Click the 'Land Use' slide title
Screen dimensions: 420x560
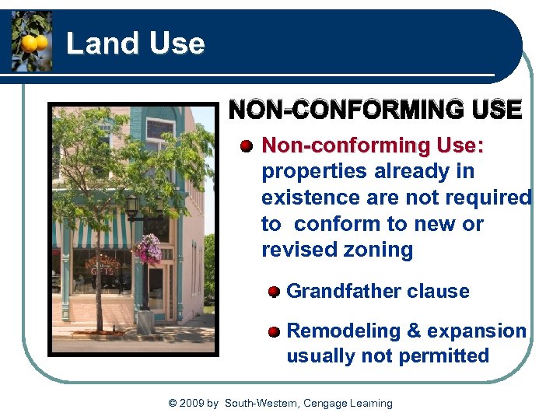coord(135,44)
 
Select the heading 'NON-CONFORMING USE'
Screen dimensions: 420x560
coord(375,110)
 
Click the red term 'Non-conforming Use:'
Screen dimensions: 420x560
coord(373,145)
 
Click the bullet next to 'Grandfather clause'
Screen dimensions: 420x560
coord(274,292)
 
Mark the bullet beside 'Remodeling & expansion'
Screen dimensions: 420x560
coord(274,331)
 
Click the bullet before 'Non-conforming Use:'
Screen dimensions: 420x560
coord(247,146)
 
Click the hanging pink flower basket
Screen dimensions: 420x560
coord(147,250)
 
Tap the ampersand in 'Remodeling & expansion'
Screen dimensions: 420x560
coord(415,331)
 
